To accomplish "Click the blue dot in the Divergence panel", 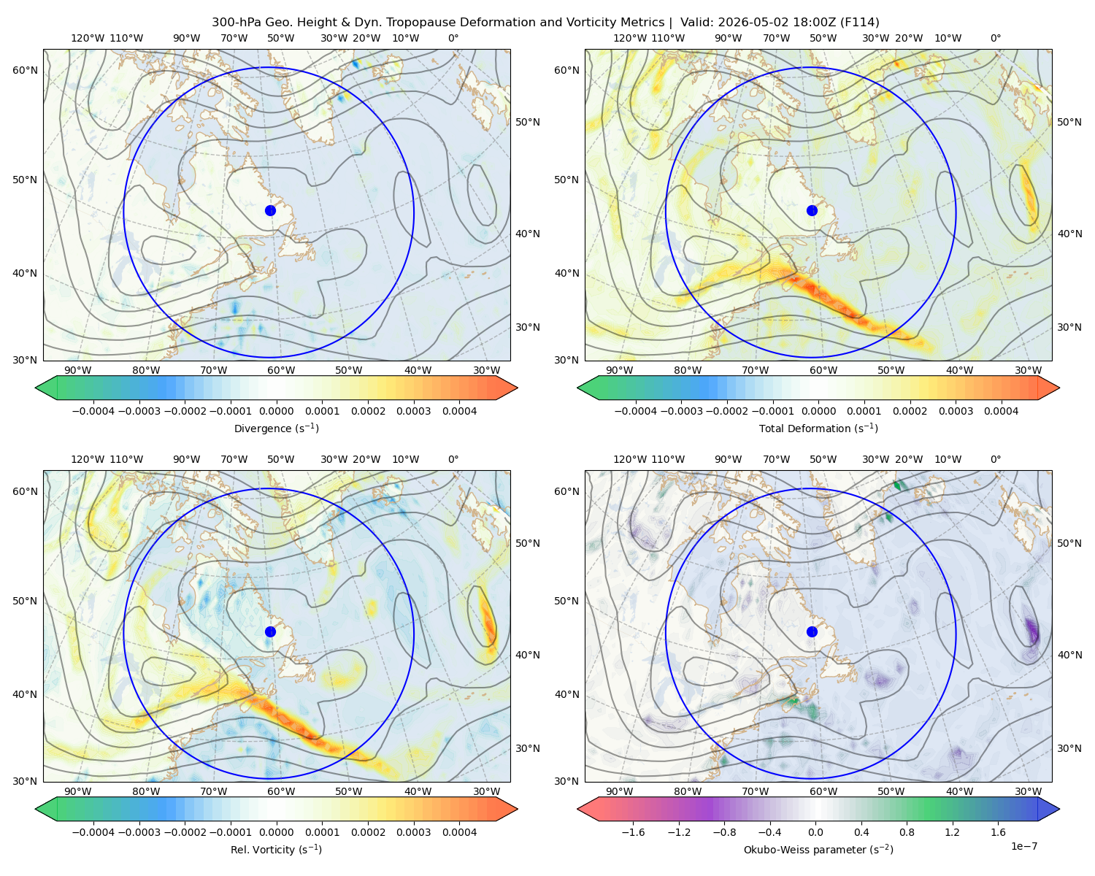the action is click(x=270, y=210).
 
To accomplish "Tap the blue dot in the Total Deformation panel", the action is click(x=812, y=210).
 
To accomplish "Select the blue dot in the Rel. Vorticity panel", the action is click(x=270, y=631).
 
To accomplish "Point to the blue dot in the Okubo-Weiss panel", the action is click(x=812, y=631).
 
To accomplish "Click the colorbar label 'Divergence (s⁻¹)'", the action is click(x=276, y=428).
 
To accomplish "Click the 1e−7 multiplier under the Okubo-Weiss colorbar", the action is click(x=1023, y=846).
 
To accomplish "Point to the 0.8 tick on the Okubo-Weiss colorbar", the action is click(x=907, y=832).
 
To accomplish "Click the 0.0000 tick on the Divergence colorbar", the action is click(x=276, y=411).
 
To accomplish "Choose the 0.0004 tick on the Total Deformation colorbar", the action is click(x=1001, y=411).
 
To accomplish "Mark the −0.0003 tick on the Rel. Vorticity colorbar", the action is click(x=139, y=832).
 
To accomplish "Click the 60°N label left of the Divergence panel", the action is click(x=25, y=70).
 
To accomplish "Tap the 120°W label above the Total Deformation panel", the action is click(x=629, y=38).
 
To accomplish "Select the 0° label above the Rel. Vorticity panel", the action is click(x=453, y=459).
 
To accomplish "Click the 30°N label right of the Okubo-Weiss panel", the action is click(x=1069, y=748).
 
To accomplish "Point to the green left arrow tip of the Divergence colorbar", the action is click(x=36, y=388).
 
